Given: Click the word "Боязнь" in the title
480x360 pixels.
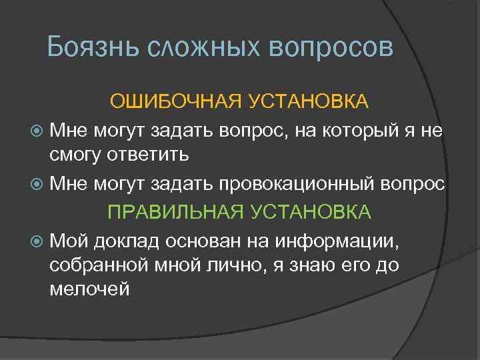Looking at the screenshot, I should pyautogui.click(x=93, y=47).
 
